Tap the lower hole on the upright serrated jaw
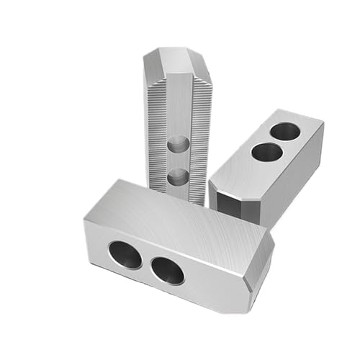click(175, 176)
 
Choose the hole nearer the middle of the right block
click(266, 153)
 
